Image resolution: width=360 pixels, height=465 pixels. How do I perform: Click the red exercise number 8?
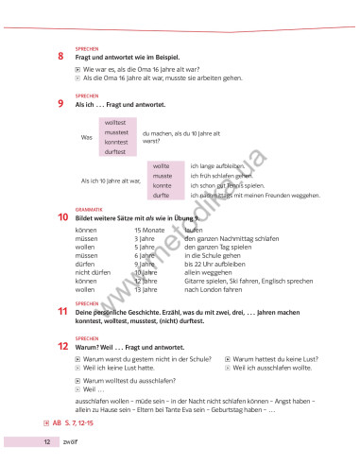pyautogui.click(x=60, y=57)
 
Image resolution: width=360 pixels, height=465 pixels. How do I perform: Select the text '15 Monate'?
pyautogui.click(x=150, y=230)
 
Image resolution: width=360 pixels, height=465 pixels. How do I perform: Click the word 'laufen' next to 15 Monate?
pyautogui.click(x=194, y=230)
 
